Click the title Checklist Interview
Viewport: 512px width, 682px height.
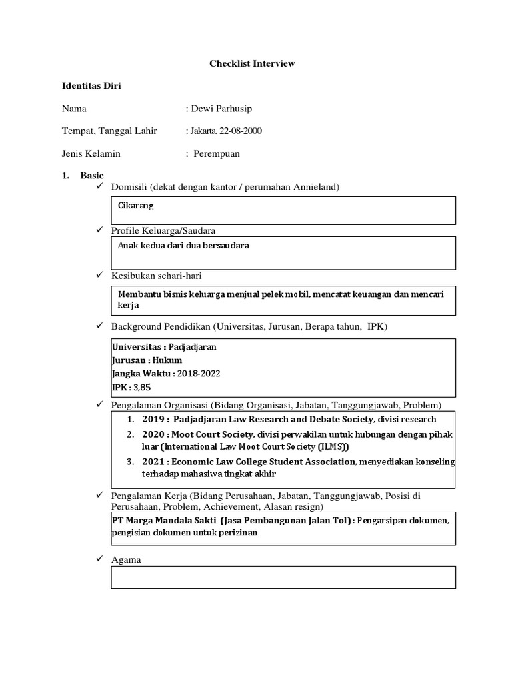pos(252,64)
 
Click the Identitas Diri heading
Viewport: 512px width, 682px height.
pos(91,86)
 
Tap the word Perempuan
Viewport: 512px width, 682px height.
pos(217,153)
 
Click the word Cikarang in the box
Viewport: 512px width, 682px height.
pos(135,206)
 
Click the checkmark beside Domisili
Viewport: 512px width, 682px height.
pos(100,187)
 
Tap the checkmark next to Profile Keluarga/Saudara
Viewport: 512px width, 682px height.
pos(100,230)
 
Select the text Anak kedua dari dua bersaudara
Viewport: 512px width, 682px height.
pos(183,246)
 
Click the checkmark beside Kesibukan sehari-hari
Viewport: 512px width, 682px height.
pos(100,275)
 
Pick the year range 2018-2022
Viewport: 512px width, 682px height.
pos(199,374)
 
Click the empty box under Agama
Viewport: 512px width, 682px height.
pos(283,577)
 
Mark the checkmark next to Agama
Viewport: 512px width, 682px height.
pos(100,560)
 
